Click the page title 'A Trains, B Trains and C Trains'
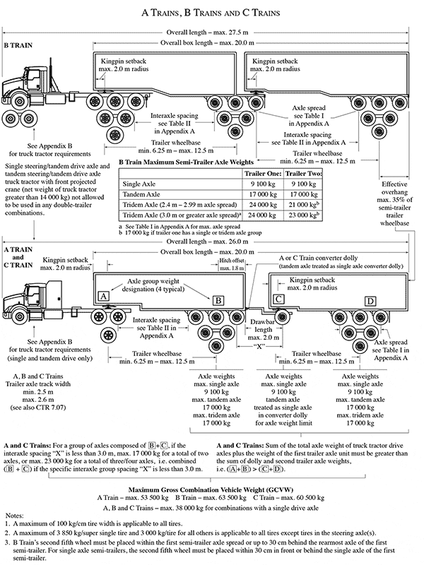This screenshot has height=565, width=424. (x=211, y=12)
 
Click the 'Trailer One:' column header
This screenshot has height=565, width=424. (x=263, y=172)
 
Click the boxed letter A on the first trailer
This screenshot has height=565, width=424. (x=103, y=294)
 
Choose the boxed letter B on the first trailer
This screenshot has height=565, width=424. (x=219, y=300)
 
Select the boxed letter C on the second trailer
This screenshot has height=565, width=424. (x=279, y=299)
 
